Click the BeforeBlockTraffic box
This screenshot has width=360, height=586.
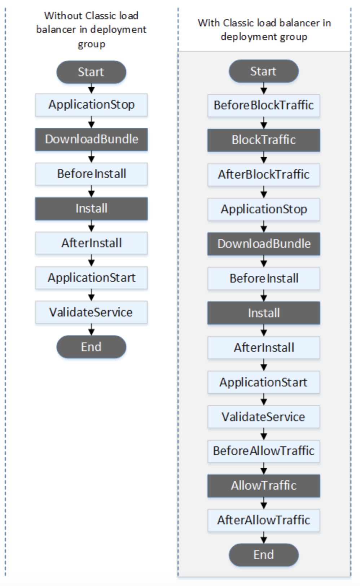point(264,105)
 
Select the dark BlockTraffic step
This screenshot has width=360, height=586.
point(264,140)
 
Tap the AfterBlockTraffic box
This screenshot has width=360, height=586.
point(264,175)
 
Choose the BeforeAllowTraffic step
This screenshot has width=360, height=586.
point(264,451)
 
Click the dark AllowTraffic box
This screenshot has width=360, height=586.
point(264,486)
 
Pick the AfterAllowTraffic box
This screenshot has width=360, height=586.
point(264,520)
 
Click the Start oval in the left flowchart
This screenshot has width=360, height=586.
point(91,72)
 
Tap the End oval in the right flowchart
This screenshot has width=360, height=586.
point(264,555)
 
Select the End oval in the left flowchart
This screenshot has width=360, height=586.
point(91,347)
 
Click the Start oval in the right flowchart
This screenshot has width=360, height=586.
point(264,71)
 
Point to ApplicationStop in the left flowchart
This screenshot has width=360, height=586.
point(91,105)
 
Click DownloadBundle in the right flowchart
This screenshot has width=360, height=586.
point(264,244)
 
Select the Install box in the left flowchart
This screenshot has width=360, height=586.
point(91,209)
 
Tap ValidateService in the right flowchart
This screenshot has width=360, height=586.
point(264,417)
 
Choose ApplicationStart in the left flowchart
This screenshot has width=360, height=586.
point(91,278)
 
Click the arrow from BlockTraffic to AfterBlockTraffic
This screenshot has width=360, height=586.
point(264,157)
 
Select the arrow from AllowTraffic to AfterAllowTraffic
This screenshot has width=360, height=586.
point(264,503)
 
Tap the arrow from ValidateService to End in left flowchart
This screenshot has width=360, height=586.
point(91,330)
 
